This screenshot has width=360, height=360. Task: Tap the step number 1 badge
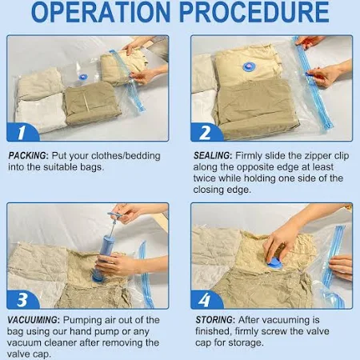[23, 132]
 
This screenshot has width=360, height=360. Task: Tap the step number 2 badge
[206, 132]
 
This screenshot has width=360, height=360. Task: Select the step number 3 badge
[23, 299]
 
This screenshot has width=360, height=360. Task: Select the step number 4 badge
[206, 299]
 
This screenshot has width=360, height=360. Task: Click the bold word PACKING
[28, 156]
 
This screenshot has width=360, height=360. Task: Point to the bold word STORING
[215, 320]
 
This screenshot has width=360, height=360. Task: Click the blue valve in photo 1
[83, 77]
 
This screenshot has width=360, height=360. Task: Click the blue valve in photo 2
[249, 67]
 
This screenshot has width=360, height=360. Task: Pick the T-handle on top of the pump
[115, 214]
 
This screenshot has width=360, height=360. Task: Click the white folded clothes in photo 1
[42, 113]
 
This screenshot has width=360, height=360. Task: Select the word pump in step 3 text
[108, 331]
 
